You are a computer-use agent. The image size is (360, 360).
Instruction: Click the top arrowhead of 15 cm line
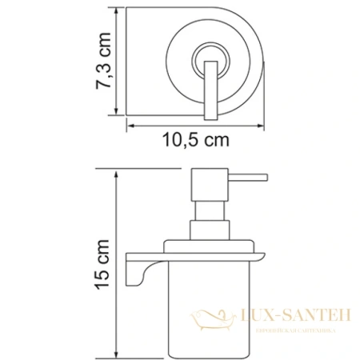[117, 171]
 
